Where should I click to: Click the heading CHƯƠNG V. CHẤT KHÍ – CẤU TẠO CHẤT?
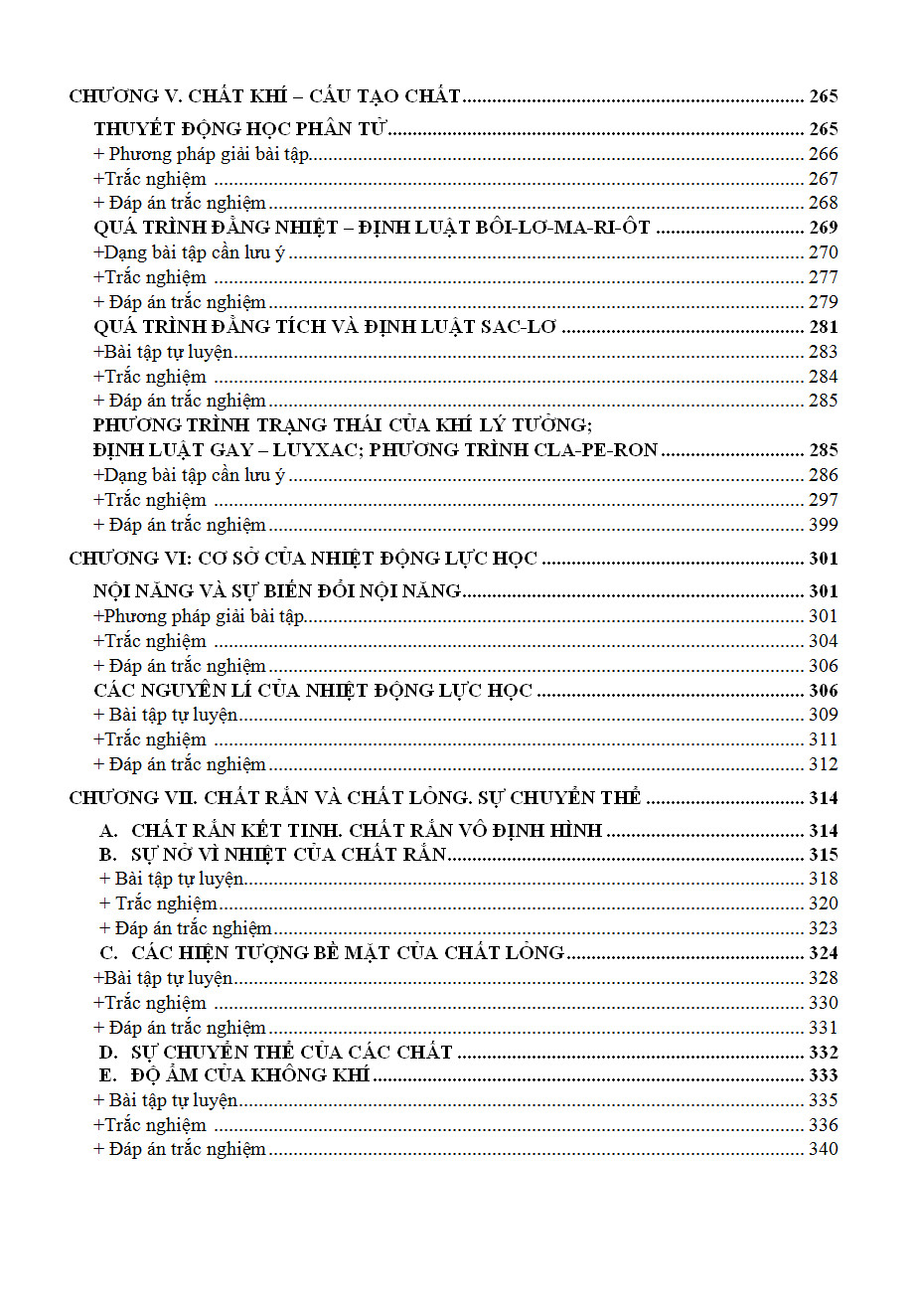click(264, 96)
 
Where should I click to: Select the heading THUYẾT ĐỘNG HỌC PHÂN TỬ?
click(240, 129)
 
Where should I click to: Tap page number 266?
click(823, 154)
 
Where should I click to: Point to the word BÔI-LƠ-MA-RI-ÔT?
click(576, 228)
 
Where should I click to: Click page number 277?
click(823, 277)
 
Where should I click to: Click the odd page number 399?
click(823, 525)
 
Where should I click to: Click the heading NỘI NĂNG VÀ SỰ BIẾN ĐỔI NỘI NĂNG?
click(277, 591)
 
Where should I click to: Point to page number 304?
click(823, 641)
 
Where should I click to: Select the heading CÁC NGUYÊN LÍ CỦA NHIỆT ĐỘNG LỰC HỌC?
click(313, 691)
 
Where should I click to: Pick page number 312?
click(823, 764)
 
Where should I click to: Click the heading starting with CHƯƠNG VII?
click(355, 798)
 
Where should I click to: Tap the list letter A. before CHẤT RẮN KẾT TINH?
click(108, 831)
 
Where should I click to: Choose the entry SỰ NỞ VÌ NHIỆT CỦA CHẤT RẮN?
click(289, 855)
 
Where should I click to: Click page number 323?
click(823, 928)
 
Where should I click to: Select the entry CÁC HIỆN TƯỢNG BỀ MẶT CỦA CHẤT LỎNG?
click(348, 953)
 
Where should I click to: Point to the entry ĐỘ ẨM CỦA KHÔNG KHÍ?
click(250, 1075)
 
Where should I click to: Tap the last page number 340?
click(823, 1149)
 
